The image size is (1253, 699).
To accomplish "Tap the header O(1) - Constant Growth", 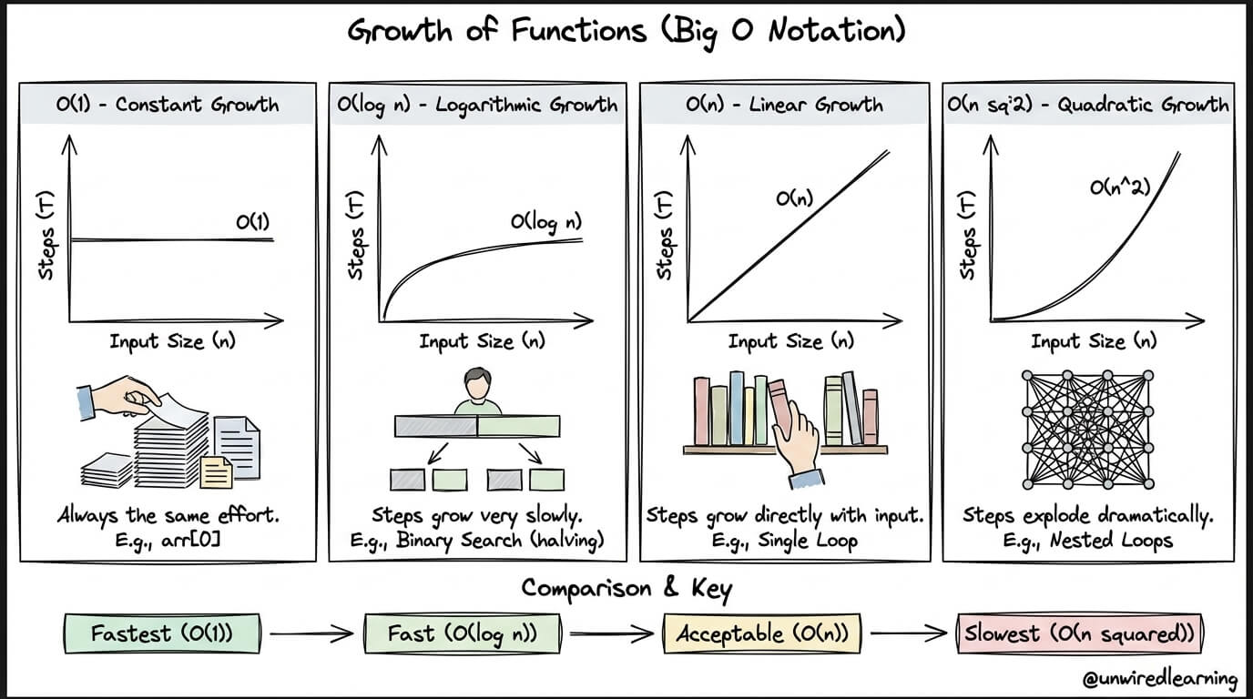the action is coord(168,105).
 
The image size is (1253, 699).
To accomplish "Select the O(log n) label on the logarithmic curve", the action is coord(546,223).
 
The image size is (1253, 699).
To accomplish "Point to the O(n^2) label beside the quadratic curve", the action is coord(1120,187).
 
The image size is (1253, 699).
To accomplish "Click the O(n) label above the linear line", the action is coord(794,198).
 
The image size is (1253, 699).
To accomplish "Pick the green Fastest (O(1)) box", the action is coord(162,633).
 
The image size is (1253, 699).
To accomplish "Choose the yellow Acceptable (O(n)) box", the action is coord(762,633).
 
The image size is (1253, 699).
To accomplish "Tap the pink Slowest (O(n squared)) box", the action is coord(1080,633).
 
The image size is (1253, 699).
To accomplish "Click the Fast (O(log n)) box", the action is coord(462,633).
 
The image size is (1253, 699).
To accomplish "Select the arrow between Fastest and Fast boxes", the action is coord(311,633).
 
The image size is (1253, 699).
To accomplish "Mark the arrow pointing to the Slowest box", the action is coord(909,633).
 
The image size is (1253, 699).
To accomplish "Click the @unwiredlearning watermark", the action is coord(1159,679).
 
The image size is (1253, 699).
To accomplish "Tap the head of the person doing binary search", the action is coord(477,384).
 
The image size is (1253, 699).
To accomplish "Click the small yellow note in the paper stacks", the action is coord(216,472).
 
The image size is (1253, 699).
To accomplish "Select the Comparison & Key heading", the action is coord(626,590).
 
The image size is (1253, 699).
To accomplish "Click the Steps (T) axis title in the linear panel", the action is coord(664,235).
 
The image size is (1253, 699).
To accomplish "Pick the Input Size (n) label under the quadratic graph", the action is coord(1094,341).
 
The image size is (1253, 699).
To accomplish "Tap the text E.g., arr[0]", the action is coord(168,541).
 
